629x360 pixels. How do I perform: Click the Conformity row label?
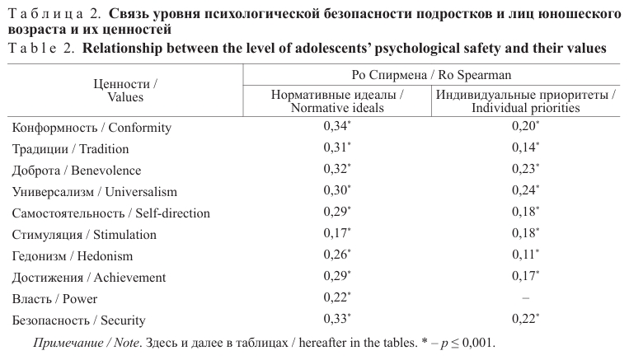[91, 128]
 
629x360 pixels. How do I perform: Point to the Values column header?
[125, 91]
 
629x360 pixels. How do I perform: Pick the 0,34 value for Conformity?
[336, 127]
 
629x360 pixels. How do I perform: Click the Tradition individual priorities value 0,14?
[524, 148]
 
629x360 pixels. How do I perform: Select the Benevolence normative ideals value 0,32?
[336, 170]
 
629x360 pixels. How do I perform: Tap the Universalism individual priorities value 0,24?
[524, 191]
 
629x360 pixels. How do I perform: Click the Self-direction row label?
[110, 213]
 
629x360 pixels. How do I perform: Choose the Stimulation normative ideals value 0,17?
[336, 234]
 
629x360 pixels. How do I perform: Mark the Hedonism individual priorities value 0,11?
[524, 255]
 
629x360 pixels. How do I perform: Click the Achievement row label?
[89, 278]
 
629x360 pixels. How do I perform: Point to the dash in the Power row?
[525, 297]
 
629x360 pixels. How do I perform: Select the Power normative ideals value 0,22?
[336, 298]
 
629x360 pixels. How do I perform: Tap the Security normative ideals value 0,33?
[336, 320]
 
